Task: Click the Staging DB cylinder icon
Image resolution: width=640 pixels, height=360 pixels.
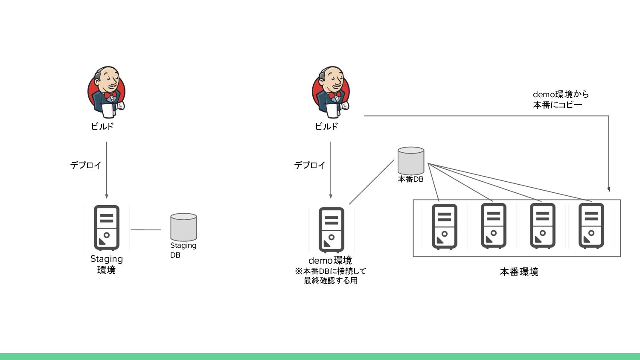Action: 183,227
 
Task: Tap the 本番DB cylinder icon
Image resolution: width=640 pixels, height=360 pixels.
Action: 411,161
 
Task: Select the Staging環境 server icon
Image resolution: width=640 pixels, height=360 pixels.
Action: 107,228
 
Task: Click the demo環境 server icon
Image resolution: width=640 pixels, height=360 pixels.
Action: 332,230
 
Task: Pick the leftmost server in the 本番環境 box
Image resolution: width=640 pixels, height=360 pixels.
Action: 444,226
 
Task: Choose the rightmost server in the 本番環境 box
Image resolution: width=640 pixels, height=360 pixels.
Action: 591,226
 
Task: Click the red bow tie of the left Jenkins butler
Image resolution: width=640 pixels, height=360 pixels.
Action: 110,95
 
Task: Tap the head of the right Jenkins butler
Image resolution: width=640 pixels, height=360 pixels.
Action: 332,77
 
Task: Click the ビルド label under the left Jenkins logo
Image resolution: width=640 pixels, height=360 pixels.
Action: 102,126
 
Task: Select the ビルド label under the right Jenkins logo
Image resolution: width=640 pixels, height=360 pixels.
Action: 326,126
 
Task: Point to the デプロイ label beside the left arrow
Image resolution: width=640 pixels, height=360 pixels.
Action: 86,165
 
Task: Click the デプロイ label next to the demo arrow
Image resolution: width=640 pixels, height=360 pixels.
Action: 310,165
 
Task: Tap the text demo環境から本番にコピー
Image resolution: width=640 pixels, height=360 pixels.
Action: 560,99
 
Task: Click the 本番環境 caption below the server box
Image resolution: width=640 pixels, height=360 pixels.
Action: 519,272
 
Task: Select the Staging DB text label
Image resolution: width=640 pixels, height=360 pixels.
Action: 183,250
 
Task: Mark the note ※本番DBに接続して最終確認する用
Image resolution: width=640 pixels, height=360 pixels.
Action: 331,276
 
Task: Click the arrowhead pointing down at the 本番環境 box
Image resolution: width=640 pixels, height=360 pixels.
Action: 609,189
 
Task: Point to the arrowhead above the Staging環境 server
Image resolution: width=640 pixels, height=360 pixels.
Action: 107,196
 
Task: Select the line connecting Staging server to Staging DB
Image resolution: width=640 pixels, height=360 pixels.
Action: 146,230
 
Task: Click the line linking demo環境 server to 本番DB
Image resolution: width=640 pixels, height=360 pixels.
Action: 371,182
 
